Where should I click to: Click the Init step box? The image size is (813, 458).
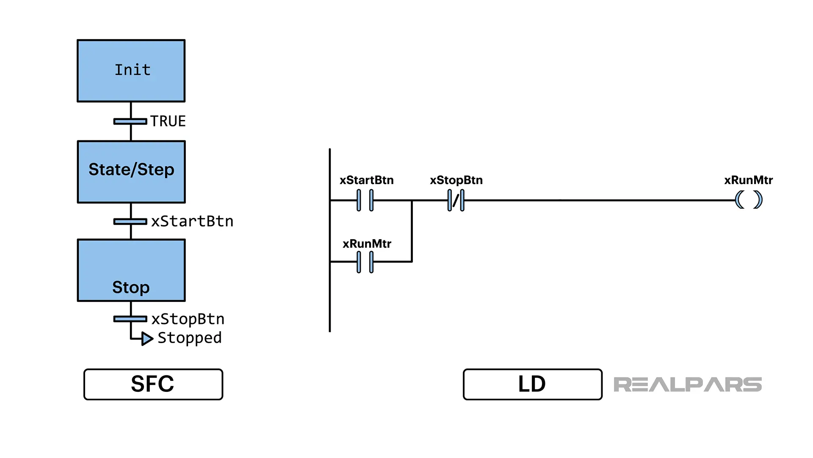point(131,71)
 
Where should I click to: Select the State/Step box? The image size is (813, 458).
point(131,172)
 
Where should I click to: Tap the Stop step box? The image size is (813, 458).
point(131,271)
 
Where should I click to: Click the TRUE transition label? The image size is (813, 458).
point(168,121)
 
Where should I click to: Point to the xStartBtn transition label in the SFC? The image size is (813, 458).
point(192,221)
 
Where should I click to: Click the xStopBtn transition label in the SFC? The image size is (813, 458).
point(188,319)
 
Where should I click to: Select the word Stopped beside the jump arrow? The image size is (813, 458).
point(190,338)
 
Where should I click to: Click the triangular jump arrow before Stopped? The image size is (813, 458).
point(147,339)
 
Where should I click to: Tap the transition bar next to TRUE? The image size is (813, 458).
point(130,122)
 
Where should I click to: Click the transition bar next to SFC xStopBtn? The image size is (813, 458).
point(130,319)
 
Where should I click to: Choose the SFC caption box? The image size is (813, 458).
point(153,384)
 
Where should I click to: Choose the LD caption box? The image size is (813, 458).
point(532,384)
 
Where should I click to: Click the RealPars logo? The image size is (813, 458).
point(688,385)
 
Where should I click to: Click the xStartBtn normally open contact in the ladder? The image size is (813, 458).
point(365,200)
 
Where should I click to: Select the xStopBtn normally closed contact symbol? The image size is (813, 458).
point(456,200)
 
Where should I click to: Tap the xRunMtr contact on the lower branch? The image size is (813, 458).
point(365,262)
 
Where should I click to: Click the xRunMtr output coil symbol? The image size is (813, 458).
point(749,200)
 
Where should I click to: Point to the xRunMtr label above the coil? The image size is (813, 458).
point(748,180)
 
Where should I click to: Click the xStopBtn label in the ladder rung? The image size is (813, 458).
point(456,180)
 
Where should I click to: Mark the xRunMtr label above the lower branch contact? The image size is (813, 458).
point(367,244)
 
